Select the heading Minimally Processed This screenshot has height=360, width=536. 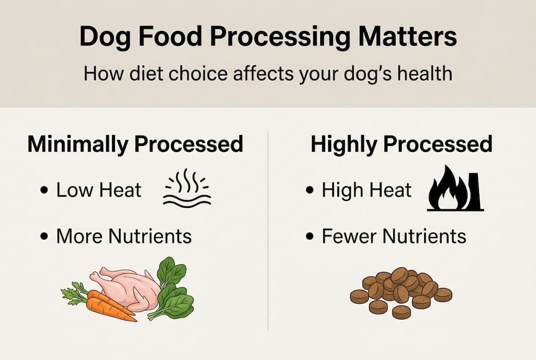point(135,144)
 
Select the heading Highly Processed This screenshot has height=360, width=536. point(401,144)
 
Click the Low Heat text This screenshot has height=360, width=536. point(98,190)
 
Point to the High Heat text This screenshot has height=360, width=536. point(367,190)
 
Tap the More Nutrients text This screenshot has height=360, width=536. point(123,236)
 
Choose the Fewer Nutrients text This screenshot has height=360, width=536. point(394,236)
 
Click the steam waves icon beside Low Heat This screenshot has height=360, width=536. point(187,190)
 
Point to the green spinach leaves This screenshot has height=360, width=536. point(172,290)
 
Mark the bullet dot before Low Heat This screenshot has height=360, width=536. point(44,191)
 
